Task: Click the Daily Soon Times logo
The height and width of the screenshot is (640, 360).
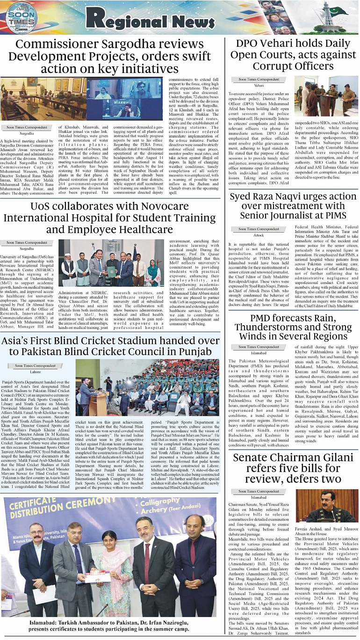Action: click(22, 18)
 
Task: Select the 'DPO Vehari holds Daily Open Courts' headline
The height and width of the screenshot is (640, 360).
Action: click(293, 55)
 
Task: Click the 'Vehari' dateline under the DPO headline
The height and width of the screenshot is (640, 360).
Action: click(259, 86)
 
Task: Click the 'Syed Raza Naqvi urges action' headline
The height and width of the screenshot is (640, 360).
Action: click(293, 206)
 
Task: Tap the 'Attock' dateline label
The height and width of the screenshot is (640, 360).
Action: click(259, 235)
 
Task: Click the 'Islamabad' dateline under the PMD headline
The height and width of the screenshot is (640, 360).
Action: click(259, 353)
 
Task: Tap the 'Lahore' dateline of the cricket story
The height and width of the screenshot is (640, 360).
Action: click(35, 372)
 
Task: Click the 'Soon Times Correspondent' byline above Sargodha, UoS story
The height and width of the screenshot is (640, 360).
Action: click(27, 243)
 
